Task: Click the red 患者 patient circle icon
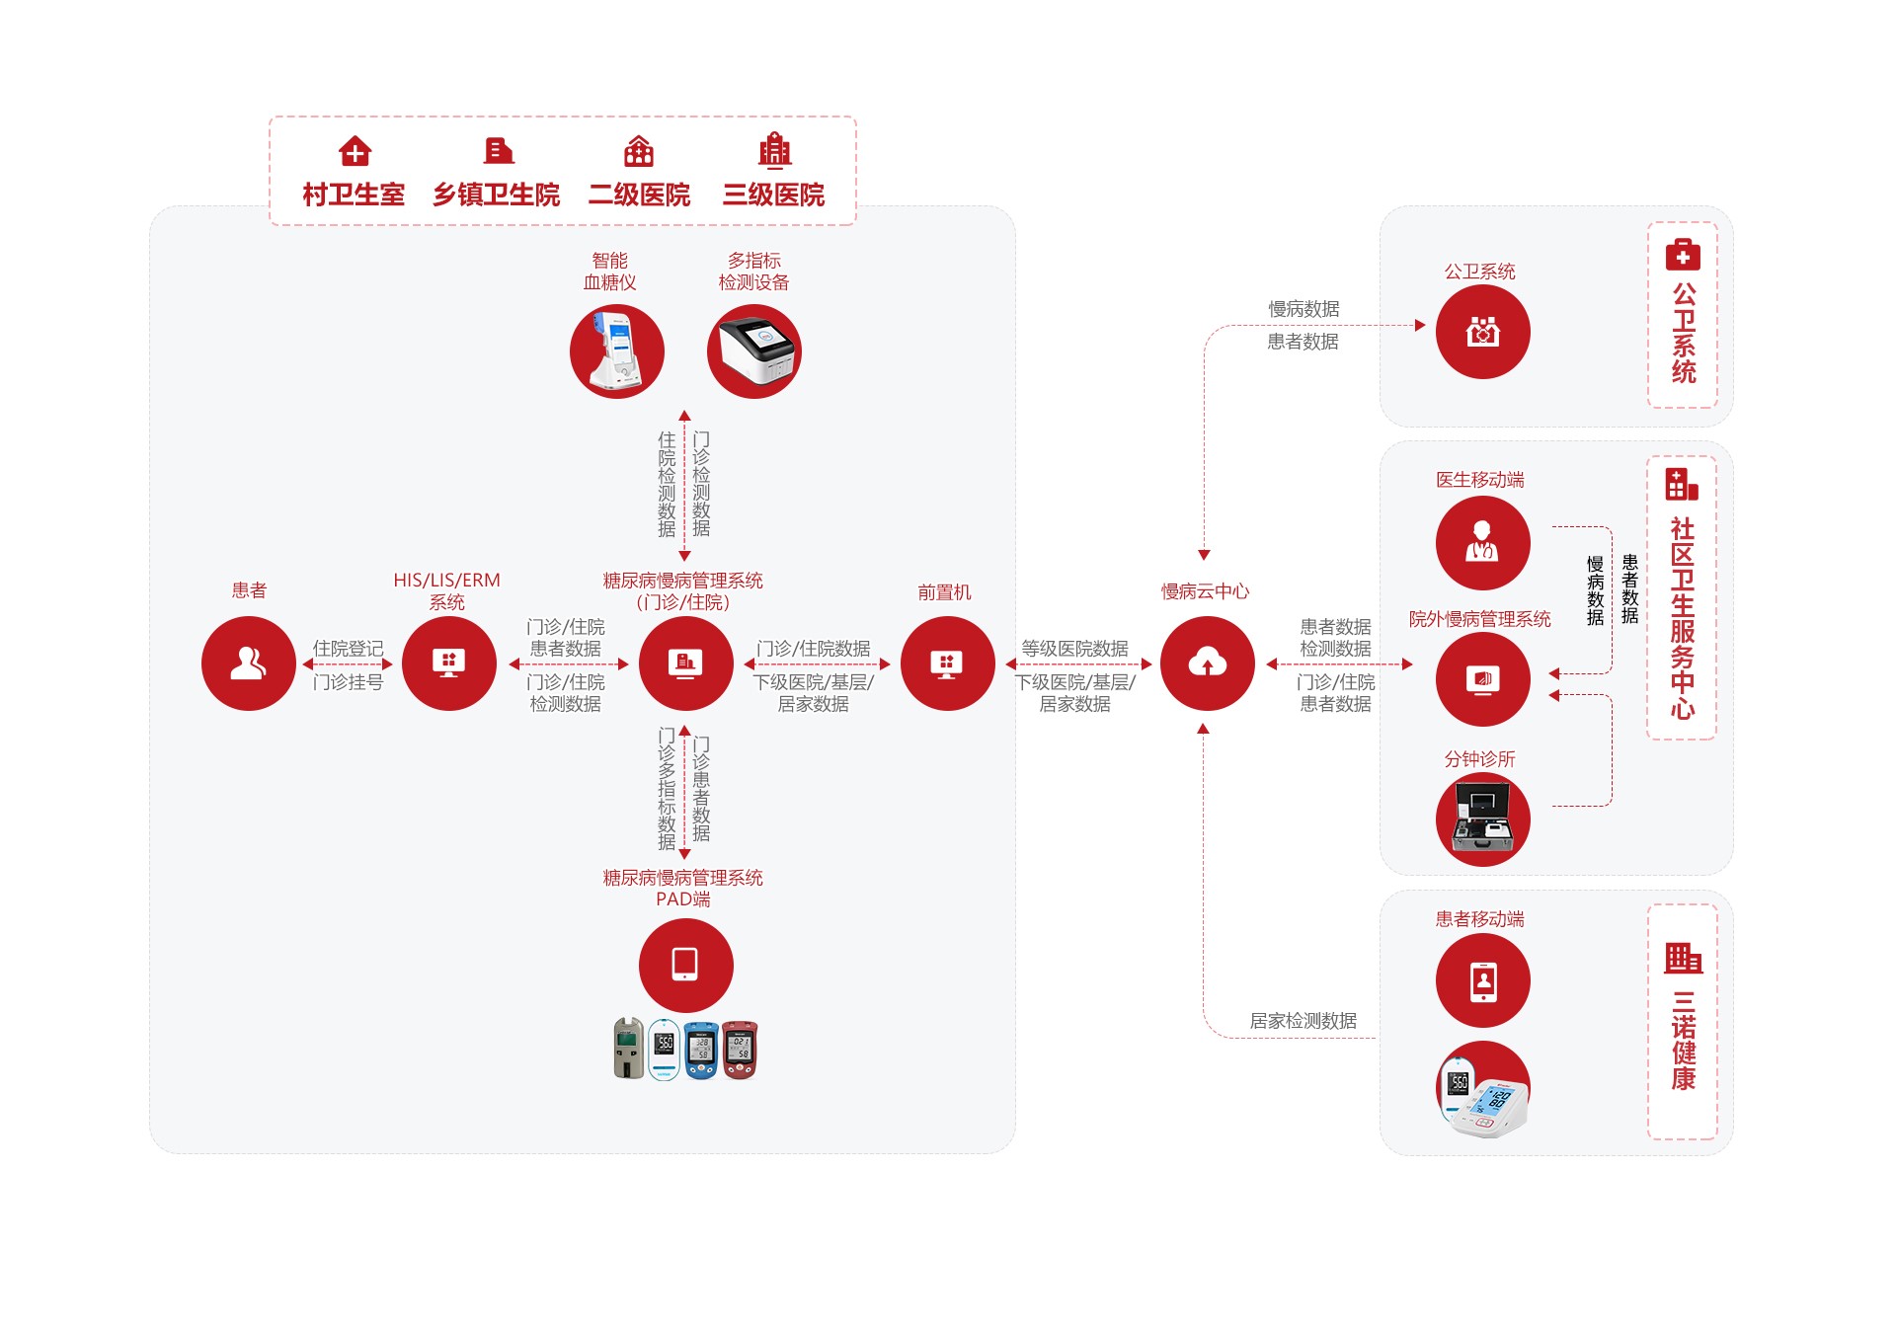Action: tap(249, 663)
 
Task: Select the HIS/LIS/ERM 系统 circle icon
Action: tap(448, 663)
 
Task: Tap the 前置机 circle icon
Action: tap(947, 663)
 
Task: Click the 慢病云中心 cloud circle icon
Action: tap(1207, 663)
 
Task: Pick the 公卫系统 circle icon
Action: tap(1482, 332)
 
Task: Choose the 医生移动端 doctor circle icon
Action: tap(1482, 543)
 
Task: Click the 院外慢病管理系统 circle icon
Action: tap(1482, 679)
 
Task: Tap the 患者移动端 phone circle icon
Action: tap(1482, 980)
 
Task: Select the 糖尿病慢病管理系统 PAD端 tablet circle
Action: tap(685, 965)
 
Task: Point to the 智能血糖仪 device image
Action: tap(617, 351)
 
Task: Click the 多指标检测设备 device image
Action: tap(754, 351)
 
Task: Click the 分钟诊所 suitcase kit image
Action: tap(1482, 820)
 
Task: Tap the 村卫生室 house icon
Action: tap(355, 152)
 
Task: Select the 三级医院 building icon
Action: tap(774, 151)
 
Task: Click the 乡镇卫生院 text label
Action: tap(496, 195)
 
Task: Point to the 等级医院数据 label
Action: tap(1074, 649)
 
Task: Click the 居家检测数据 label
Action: tap(1303, 1021)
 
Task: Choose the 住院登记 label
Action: tap(348, 649)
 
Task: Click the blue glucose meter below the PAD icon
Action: tap(701, 1050)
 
